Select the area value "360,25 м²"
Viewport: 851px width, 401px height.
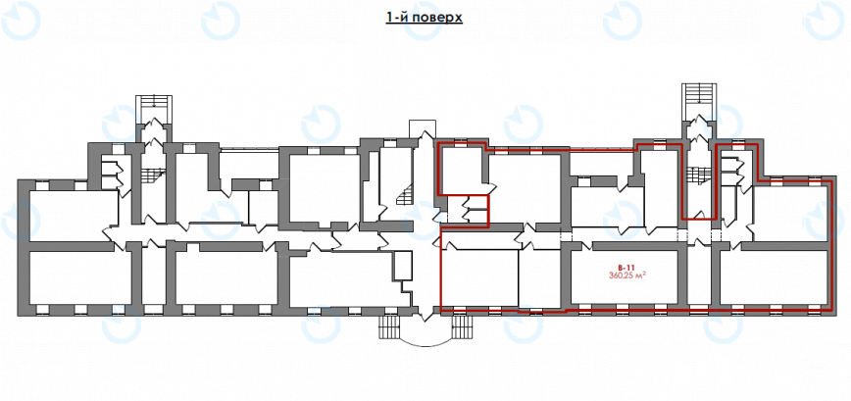(626, 276)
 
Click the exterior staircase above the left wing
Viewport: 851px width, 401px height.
(153, 108)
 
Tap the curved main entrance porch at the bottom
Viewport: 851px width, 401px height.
(425, 329)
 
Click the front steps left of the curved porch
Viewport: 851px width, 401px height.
(389, 327)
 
